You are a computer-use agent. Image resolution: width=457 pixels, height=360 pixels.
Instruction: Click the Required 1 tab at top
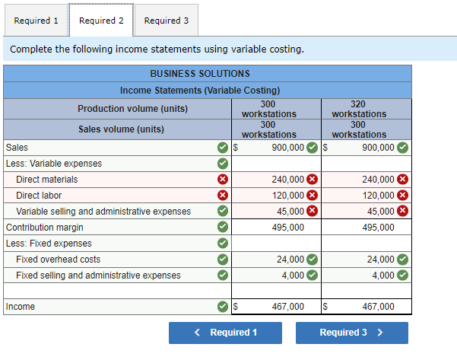pos(35,21)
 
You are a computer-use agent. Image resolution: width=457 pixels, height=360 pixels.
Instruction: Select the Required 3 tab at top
pos(166,21)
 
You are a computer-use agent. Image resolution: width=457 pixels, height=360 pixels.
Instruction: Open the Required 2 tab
pos(101,21)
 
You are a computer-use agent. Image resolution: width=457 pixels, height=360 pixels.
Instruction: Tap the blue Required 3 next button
pos(351,333)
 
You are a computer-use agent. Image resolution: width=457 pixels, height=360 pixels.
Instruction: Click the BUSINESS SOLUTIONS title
pos(200,74)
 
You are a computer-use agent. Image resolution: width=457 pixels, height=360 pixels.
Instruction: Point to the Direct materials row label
pos(47,180)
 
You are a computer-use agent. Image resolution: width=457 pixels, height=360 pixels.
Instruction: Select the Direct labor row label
pos(39,196)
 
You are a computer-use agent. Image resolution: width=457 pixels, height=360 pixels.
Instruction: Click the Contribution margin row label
pos(45,228)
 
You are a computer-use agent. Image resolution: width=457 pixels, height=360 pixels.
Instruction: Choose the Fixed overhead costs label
pos(58,260)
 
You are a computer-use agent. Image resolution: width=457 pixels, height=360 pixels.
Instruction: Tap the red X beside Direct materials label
pos(222,180)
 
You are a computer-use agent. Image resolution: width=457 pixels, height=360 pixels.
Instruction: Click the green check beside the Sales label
pos(222,148)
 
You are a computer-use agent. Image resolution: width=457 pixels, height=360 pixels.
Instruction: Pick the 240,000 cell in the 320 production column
pos(379,180)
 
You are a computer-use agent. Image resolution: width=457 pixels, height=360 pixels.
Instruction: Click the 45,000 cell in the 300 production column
pos(290,212)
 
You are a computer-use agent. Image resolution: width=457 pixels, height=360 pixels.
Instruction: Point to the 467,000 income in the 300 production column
pos(287,307)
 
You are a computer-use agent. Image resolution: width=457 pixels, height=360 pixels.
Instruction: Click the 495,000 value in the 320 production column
pos(379,228)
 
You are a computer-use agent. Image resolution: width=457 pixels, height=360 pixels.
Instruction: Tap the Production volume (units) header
pos(122,109)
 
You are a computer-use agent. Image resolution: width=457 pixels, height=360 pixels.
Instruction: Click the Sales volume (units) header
pos(122,129)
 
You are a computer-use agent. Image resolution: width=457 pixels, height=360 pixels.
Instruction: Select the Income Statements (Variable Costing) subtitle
pos(200,91)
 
